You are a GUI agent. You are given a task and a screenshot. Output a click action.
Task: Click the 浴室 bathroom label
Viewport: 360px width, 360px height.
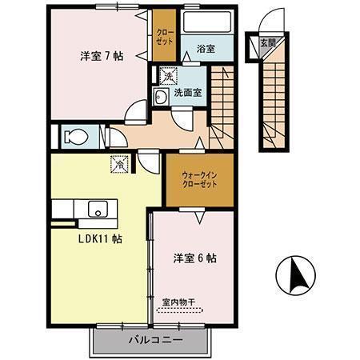(206, 49)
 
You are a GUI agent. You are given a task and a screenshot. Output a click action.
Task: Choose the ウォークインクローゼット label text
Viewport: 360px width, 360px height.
(194, 178)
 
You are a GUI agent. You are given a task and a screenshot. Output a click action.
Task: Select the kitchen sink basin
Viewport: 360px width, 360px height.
(96, 210)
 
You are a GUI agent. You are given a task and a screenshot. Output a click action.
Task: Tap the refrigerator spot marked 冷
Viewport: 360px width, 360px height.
(118, 161)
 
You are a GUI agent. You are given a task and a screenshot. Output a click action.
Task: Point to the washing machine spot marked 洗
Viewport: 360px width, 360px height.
(166, 77)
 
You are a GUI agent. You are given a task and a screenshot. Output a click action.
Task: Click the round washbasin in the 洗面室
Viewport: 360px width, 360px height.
(160, 98)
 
